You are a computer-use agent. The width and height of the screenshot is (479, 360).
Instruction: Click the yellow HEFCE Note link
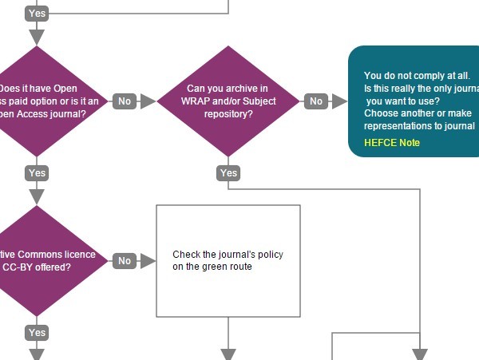click(x=391, y=143)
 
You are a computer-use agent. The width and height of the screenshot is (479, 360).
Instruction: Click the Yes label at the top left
click(x=37, y=14)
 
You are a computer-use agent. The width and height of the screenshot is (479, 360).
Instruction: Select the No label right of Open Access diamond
click(x=124, y=101)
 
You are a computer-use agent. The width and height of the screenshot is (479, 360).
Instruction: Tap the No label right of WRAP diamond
click(x=315, y=101)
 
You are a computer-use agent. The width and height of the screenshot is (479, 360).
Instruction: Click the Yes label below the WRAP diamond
click(x=228, y=173)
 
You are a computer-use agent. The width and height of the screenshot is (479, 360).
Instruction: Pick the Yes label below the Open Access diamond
click(x=37, y=173)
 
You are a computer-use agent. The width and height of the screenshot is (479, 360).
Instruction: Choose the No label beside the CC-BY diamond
click(x=124, y=261)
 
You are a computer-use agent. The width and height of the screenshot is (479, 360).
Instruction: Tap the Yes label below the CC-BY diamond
click(x=37, y=333)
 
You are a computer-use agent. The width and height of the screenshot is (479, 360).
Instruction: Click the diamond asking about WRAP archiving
click(x=228, y=101)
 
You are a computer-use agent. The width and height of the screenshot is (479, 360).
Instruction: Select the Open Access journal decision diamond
click(x=44, y=101)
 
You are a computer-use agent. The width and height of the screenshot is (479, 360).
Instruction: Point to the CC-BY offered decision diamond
click(x=44, y=261)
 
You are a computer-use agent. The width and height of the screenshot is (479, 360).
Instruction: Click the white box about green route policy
click(x=228, y=261)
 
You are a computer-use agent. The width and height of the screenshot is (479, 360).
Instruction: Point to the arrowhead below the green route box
click(x=228, y=354)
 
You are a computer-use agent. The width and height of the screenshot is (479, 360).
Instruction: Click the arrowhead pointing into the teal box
click(x=340, y=101)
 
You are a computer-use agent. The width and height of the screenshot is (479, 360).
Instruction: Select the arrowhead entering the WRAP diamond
click(x=148, y=101)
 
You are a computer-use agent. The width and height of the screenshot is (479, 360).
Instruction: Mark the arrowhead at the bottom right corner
click(x=420, y=354)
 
